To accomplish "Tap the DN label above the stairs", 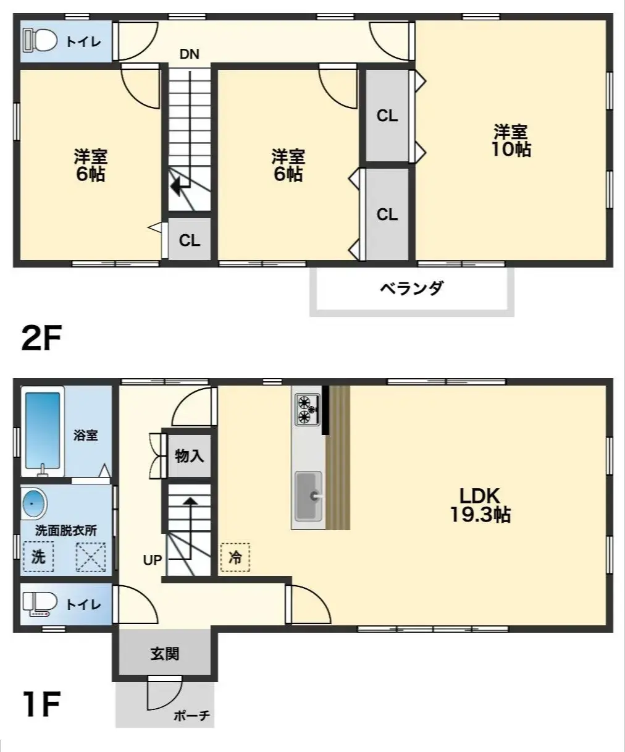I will click(190, 54).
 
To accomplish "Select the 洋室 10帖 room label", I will click(511, 141).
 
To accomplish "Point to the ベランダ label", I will click(411, 288).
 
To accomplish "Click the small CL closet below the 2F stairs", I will click(190, 240).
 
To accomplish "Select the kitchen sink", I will click(308, 496).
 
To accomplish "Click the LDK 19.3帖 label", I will click(480, 505).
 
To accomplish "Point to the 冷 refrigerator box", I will click(235, 557).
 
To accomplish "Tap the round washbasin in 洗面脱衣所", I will click(34, 504).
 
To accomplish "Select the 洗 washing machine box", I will click(38, 557).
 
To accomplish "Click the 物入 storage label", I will click(189, 457).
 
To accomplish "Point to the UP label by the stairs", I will click(153, 560).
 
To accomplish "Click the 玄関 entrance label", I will click(164, 654).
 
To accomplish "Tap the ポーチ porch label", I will click(191, 716).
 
